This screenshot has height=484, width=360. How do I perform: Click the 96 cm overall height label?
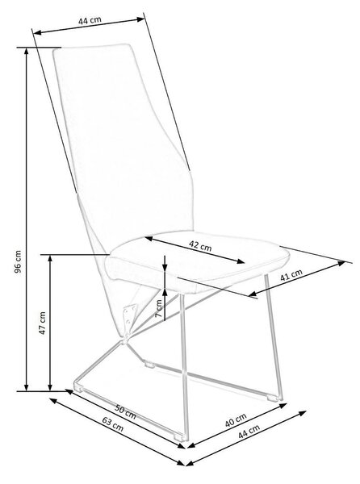pos(19,261)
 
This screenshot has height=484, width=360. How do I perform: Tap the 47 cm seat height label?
pos(42,323)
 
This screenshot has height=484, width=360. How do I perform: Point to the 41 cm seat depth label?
pos(291,274)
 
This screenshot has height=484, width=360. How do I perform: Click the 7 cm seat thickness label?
pos(159,309)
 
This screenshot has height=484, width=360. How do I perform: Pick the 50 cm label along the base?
pos(125,411)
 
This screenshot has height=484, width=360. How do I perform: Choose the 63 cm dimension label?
pos(113,425)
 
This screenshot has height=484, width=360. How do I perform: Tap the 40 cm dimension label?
pos(236,420)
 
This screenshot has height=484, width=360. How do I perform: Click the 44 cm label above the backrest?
pos(90,20)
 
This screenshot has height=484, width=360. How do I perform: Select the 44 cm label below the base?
pos(249,432)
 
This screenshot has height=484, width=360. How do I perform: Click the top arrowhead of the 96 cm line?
pos(27,51)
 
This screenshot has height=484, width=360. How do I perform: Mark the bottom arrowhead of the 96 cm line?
pos(27,387)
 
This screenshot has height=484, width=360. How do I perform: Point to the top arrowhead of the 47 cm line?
pos(50,259)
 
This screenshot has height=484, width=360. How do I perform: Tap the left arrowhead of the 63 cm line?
pos(53,400)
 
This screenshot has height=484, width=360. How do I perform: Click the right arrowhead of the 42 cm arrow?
pos(241,261)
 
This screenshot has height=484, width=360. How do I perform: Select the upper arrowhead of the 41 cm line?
pos(341,263)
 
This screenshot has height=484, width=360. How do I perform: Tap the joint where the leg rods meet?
pos(125,340)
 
